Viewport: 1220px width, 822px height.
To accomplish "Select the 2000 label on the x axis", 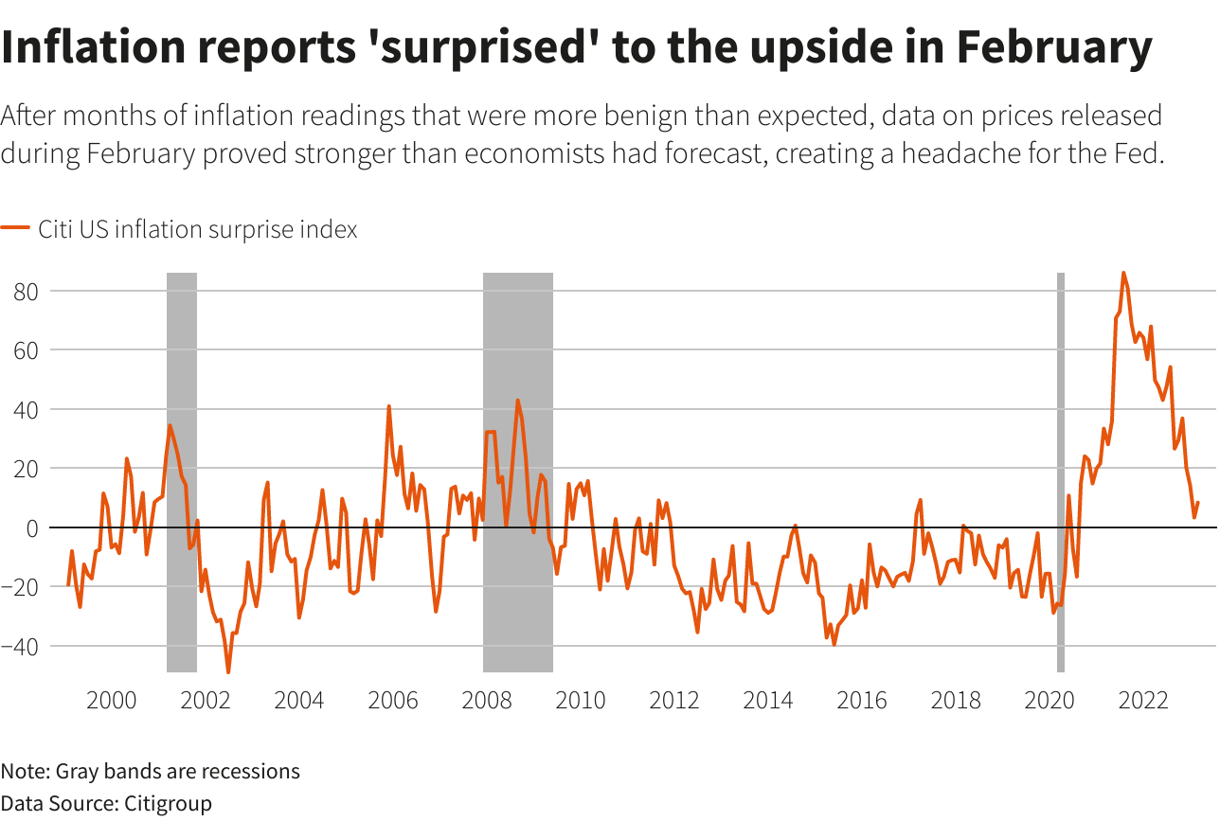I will tap(111, 701).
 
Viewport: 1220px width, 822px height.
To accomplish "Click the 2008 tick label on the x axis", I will tap(486, 701).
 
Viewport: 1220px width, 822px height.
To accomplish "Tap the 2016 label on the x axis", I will tap(862, 701).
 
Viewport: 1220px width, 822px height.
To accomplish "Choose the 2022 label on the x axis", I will tap(1142, 701).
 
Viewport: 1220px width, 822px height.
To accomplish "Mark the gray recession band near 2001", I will tap(182, 474).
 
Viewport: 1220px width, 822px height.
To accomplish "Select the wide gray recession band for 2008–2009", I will tap(518, 474).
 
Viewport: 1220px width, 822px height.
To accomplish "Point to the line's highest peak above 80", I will tap(1123, 273).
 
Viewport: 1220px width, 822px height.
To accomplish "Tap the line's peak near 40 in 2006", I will tap(388, 406).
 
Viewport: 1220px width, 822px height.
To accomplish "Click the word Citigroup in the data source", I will tap(166, 803).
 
